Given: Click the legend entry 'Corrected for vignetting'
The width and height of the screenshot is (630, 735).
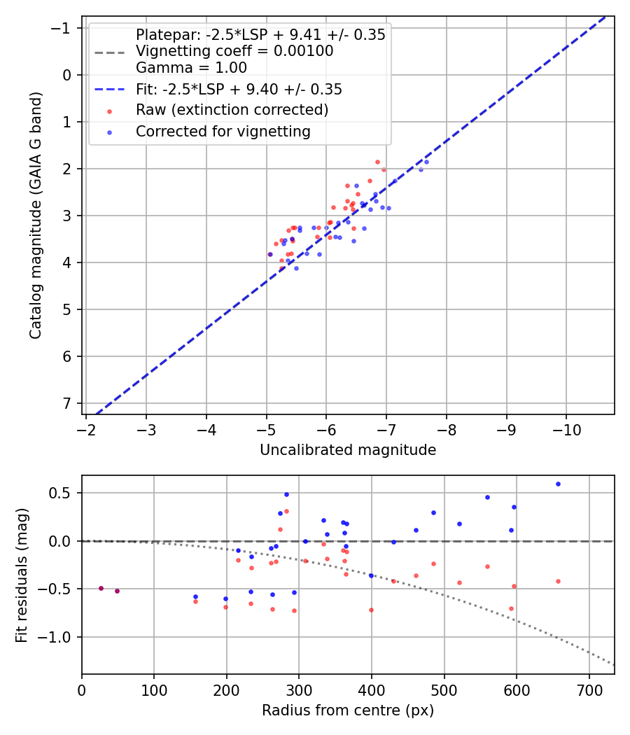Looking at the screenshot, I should [x=223, y=132].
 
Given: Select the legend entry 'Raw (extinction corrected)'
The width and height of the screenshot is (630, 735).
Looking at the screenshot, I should [x=232, y=111].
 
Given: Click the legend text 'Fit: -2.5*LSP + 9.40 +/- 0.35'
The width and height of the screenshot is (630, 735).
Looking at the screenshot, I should [x=239, y=90].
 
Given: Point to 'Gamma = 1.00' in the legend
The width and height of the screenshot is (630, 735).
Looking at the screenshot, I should [x=191, y=68].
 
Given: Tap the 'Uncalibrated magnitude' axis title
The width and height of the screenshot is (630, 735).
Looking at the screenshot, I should [x=348, y=450].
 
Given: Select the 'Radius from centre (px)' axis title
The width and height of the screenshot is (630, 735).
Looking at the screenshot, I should [x=348, y=710].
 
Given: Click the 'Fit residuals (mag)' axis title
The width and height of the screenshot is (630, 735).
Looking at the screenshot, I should [x=22, y=575].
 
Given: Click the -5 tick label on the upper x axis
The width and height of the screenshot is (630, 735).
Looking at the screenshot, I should [x=266, y=428].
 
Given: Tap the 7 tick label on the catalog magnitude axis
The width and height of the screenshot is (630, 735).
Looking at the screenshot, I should [x=66, y=404].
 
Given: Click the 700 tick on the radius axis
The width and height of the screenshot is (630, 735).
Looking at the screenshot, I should [x=589, y=689].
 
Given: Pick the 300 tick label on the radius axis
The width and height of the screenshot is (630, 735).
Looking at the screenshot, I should [x=299, y=689].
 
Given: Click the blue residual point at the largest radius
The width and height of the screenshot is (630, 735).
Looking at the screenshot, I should [x=558, y=484].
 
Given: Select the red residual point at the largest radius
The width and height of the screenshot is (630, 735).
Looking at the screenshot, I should [x=558, y=581].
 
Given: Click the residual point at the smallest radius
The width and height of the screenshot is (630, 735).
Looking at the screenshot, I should [x=101, y=588].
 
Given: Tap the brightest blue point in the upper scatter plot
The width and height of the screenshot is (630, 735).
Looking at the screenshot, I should [x=426, y=162].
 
